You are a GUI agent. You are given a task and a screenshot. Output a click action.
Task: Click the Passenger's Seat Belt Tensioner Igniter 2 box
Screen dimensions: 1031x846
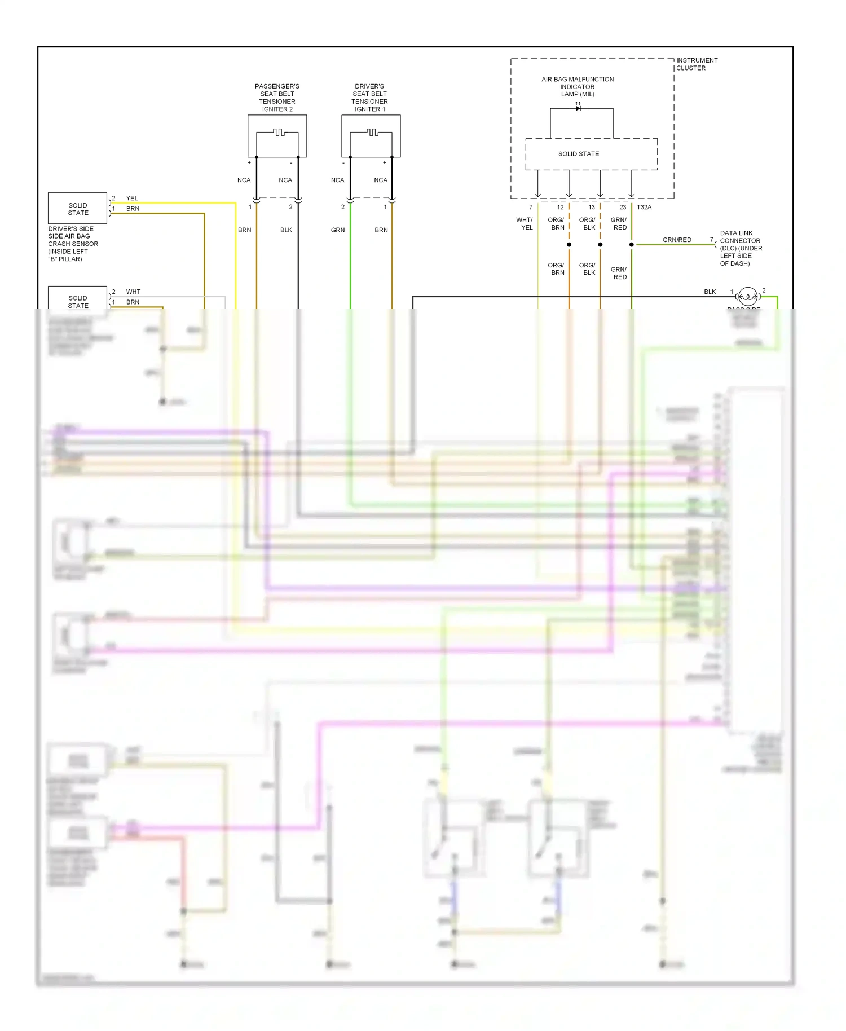(277, 136)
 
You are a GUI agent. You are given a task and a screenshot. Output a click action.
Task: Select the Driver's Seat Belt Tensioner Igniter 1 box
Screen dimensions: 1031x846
(371, 136)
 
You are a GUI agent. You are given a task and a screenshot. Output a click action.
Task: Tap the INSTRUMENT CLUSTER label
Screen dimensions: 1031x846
(697, 64)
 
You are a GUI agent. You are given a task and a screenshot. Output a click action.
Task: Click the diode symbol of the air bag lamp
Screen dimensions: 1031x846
(578, 108)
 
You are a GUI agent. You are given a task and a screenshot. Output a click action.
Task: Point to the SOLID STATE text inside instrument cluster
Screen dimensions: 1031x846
(579, 154)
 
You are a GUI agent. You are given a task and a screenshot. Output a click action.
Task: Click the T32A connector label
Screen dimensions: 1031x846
(644, 207)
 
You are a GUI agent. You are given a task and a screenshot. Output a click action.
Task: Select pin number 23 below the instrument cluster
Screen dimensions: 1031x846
(623, 207)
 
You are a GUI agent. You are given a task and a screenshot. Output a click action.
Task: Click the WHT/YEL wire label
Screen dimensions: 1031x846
(525, 223)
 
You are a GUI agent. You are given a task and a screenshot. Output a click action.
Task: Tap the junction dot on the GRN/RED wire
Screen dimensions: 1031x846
(631, 244)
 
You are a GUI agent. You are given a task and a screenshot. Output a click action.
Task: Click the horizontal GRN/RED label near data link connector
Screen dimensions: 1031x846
(677, 240)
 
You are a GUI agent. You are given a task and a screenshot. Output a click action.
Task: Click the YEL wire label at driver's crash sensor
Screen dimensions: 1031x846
(132, 198)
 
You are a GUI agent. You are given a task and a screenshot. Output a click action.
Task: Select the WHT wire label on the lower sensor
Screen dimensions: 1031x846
(133, 292)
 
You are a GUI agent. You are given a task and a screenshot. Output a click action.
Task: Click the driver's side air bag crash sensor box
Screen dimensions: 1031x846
(78, 208)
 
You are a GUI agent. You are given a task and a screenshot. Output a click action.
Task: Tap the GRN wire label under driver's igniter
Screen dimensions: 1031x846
(338, 230)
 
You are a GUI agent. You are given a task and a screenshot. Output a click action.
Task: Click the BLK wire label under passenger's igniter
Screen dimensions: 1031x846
(286, 230)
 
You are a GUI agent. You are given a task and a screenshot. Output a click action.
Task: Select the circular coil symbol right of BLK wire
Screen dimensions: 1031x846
(747, 296)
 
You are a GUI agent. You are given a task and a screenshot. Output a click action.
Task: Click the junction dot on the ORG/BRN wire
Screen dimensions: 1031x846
(569, 244)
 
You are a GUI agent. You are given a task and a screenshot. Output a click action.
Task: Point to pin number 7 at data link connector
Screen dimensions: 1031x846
(711, 240)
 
